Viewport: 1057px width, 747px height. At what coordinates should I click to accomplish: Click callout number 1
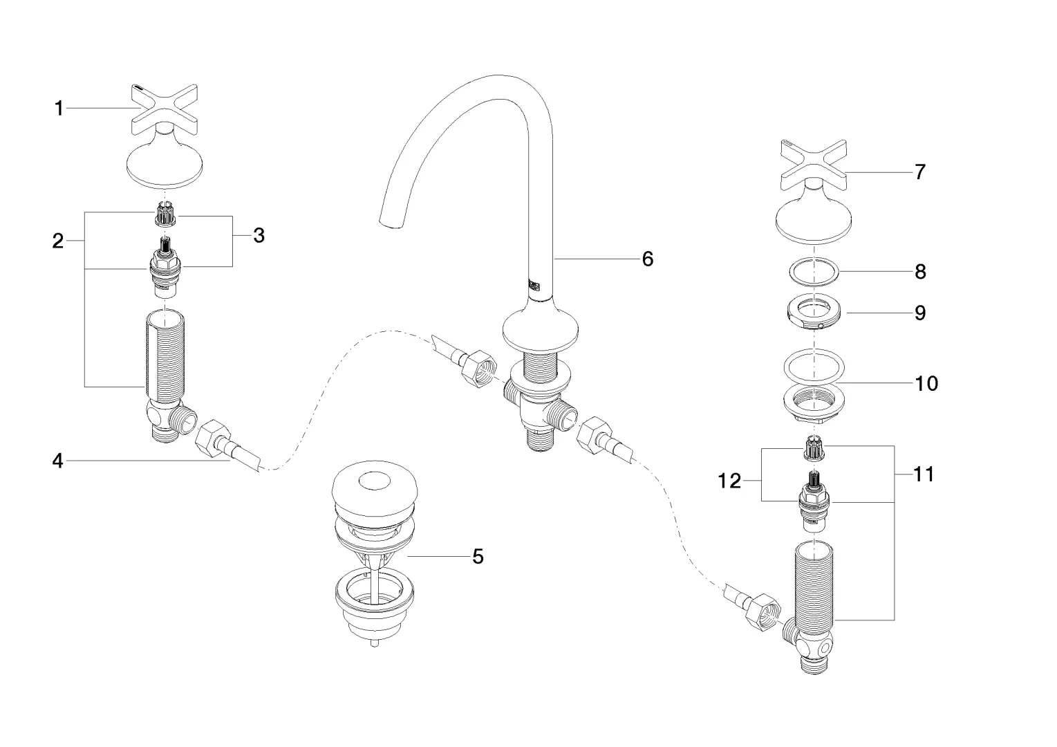point(59,109)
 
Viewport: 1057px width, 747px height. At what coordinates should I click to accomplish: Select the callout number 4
point(58,461)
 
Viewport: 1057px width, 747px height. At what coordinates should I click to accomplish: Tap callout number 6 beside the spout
point(647,259)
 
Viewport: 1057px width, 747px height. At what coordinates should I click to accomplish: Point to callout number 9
point(920,313)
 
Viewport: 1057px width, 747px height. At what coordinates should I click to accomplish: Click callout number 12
point(729,481)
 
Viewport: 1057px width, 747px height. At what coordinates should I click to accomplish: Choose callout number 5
point(478,556)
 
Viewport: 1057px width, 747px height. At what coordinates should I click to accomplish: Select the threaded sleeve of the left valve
point(163,356)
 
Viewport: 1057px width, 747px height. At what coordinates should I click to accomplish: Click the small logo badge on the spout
point(534,284)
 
